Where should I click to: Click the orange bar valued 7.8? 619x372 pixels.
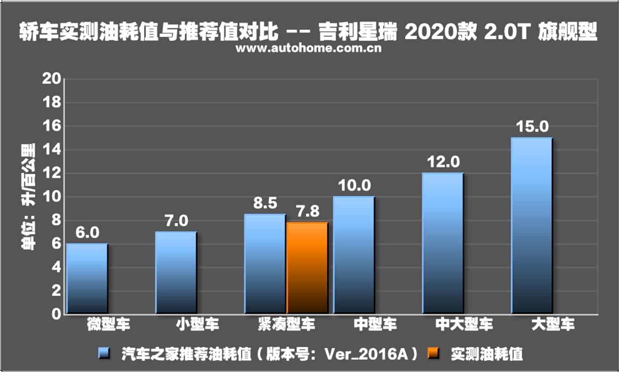308,268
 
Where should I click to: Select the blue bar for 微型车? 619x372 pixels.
87,279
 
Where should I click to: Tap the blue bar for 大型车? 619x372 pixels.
531,226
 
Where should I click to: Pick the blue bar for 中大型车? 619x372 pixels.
443,243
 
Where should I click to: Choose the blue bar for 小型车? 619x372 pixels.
176,272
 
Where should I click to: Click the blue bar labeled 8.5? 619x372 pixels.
265,264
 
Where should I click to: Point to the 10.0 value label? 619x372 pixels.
354,186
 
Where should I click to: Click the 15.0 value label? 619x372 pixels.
532,127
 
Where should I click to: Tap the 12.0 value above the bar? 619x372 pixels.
443,162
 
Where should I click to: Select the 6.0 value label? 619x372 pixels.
87,233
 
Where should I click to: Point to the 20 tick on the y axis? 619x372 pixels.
52,79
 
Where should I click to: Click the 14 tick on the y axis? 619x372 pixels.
52,150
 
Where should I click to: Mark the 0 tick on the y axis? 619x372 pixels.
56,314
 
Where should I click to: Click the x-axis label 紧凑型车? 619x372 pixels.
286,325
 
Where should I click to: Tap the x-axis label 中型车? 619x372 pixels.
375,325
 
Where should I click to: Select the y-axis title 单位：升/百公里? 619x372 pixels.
29,197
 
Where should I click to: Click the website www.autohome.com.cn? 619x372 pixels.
308,48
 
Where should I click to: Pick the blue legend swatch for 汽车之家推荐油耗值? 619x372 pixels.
104,353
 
